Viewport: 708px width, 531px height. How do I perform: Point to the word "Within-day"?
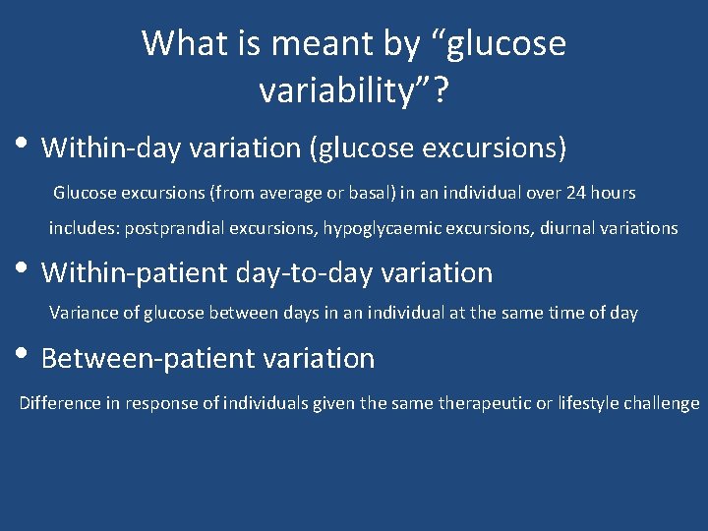click(x=108, y=147)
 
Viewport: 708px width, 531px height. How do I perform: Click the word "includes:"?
click(x=85, y=228)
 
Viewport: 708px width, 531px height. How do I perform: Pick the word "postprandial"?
click(x=174, y=228)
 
